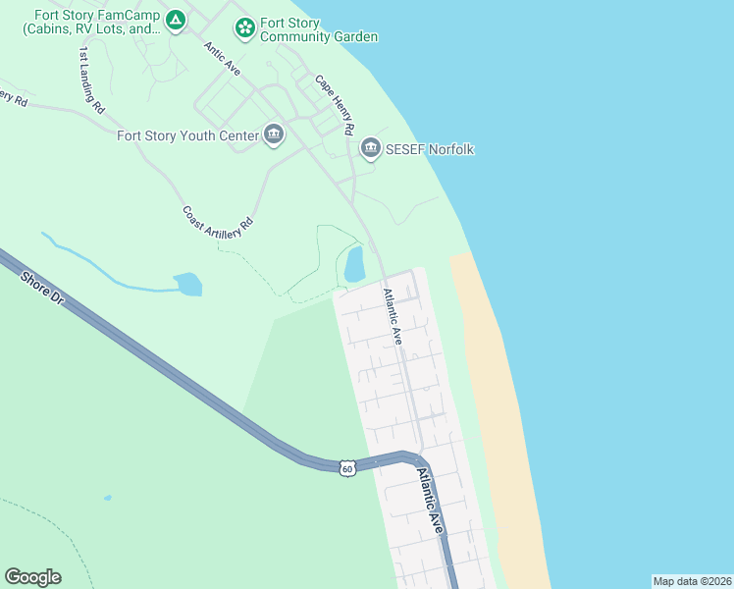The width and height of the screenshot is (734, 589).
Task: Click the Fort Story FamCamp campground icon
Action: click(175, 21)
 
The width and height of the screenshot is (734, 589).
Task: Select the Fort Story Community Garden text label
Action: click(318, 29)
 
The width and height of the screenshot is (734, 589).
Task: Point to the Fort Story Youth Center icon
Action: click(273, 135)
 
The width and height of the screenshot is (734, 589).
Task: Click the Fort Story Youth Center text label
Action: click(187, 136)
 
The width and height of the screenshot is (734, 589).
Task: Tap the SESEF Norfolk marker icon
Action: click(370, 149)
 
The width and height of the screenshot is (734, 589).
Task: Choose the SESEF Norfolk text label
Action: click(430, 149)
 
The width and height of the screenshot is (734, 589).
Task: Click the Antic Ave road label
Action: click(222, 58)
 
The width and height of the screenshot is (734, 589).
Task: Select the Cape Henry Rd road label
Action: click(335, 105)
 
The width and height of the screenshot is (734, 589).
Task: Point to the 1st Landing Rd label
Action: click(91, 80)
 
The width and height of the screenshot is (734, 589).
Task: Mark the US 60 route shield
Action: click(347, 468)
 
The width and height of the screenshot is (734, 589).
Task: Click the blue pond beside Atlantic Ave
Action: click(354, 263)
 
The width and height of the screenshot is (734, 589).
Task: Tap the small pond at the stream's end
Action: click(187, 285)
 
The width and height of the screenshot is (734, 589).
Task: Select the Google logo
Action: click(32, 577)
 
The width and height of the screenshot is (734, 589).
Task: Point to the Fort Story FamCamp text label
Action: click(94, 21)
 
